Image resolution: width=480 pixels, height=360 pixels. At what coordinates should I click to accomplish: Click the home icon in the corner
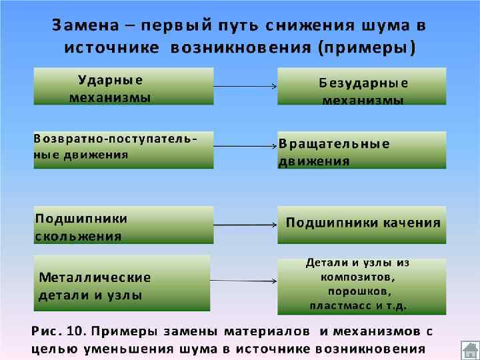(x=469, y=350)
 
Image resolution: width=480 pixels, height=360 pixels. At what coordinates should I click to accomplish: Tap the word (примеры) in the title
(x=367, y=48)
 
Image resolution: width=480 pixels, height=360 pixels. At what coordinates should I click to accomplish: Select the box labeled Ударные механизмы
(x=123, y=86)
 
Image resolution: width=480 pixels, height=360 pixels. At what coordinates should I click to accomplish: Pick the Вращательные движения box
(x=362, y=150)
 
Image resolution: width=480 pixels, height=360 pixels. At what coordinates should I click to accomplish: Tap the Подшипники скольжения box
(x=123, y=225)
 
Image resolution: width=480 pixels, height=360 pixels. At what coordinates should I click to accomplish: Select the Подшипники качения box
(x=362, y=223)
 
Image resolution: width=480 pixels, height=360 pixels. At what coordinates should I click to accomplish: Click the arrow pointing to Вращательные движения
(x=245, y=146)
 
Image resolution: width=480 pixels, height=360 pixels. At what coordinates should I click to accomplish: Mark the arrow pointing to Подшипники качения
(x=245, y=225)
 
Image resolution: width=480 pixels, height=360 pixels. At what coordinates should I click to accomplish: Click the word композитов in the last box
(x=357, y=277)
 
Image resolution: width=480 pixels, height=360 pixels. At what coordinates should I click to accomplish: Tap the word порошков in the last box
(x=359, y=291)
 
